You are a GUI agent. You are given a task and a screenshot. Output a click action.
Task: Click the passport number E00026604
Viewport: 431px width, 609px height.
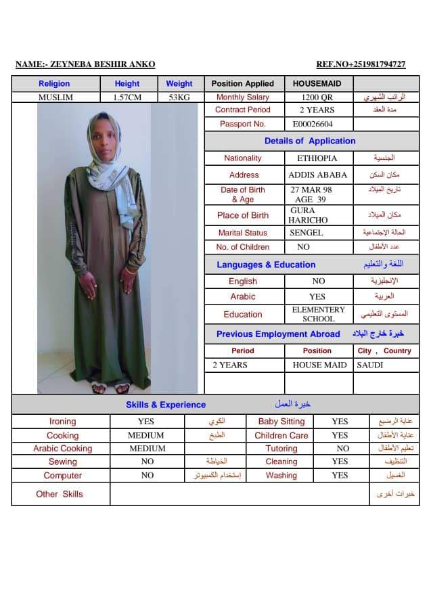[313, 125]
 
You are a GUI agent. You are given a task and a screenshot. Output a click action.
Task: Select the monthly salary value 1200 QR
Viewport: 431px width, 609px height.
[317, 97]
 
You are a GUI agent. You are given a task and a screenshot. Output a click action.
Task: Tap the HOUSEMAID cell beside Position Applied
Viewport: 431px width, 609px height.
[317, 84]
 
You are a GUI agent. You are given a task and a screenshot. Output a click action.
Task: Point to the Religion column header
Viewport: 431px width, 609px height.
[54, 84]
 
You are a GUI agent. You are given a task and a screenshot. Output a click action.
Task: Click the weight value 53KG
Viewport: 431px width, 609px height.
[179, 97]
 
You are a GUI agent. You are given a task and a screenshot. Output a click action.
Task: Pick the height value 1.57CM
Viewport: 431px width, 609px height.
[127, 97]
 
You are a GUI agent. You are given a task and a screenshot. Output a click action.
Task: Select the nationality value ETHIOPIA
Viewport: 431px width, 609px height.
[317, 158]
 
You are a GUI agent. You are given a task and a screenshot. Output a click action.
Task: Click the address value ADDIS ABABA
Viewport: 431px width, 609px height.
[317, 175]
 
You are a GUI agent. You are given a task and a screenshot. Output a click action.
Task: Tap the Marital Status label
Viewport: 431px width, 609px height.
[243, 233]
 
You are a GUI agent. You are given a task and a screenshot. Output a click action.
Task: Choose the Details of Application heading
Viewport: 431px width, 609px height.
[309, 141]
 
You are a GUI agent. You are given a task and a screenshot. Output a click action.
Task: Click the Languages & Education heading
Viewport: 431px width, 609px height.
[266, 265]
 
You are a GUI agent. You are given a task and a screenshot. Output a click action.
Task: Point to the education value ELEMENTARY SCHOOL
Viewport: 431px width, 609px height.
[319, 314]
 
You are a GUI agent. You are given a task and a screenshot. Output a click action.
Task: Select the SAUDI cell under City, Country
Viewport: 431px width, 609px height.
[371, 365]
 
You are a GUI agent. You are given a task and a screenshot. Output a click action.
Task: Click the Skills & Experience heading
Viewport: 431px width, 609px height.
[166, 405]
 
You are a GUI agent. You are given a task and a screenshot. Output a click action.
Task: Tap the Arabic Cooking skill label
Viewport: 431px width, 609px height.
[62, 449]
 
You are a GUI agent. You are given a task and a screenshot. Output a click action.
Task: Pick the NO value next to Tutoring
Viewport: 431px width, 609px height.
[343, 449]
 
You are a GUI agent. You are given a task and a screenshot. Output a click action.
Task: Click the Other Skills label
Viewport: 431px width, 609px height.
[60, 494]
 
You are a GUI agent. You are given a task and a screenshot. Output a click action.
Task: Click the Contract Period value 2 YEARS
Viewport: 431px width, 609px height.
[317, 110]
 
